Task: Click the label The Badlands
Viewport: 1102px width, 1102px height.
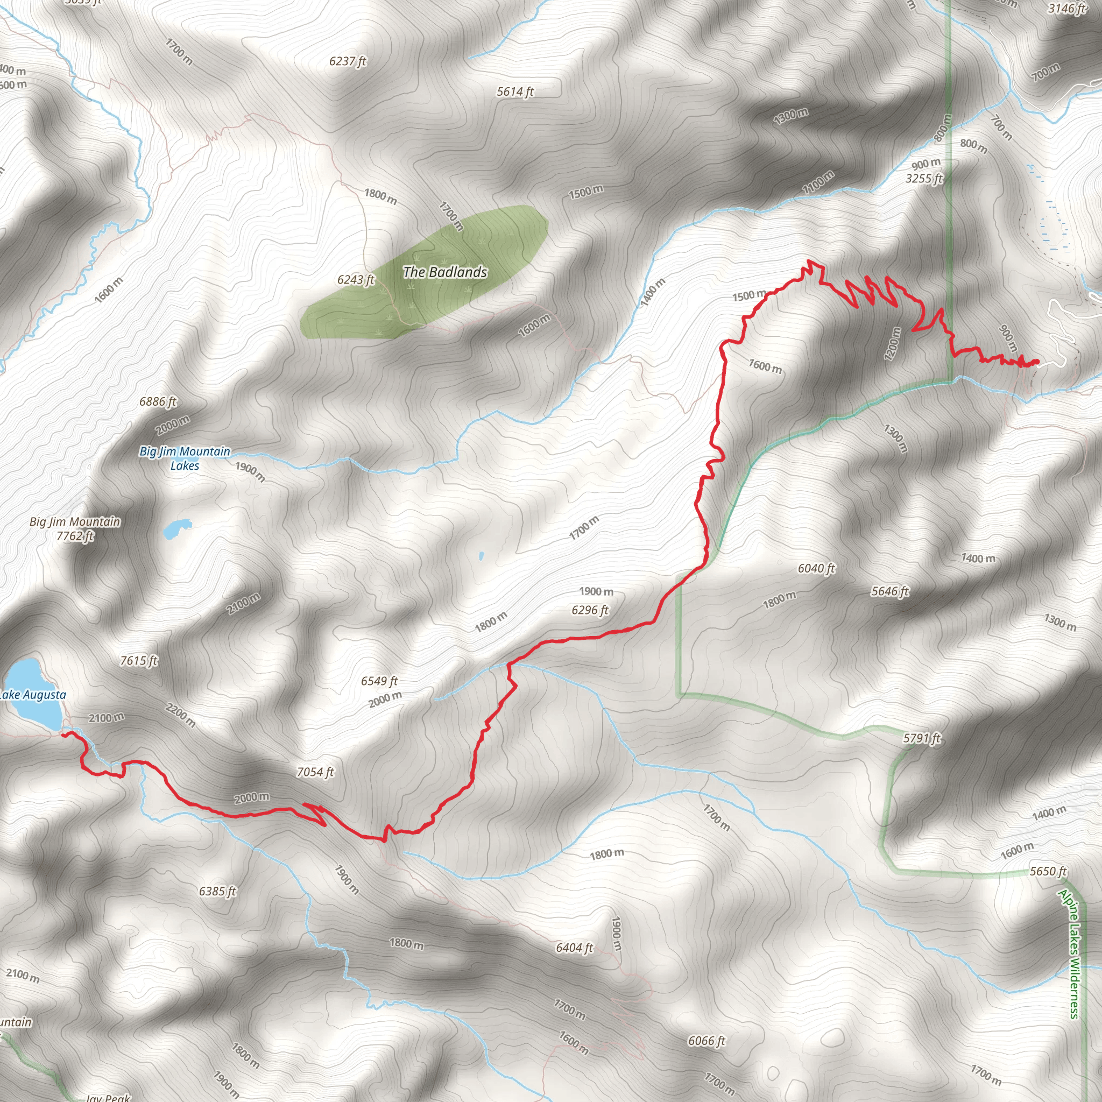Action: (445, 272)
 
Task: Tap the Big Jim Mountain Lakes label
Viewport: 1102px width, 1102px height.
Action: (185, 458)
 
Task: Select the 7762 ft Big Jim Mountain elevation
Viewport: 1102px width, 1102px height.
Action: (75, 535)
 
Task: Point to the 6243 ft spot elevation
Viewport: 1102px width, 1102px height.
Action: (355, 279)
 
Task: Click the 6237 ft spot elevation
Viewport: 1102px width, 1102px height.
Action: (348, 61)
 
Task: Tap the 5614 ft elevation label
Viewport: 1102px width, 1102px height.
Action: (515, 92)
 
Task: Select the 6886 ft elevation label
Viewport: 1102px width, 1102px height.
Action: (158, 401)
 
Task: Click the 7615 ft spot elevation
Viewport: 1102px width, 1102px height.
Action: (139, 661)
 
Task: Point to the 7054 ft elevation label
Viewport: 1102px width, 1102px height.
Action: (315, 772)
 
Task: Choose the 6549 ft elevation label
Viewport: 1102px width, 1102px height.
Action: (379, 681)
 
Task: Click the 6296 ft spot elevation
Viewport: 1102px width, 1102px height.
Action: (590, 610)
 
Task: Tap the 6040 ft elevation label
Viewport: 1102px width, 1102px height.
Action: (816, 568)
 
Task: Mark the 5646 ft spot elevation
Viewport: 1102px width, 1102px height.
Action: (890, 591)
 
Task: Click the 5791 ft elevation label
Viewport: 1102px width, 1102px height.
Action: (922, 739)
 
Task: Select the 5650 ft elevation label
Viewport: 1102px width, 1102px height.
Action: (1048, 871)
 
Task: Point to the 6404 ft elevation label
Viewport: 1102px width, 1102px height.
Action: (574, 948)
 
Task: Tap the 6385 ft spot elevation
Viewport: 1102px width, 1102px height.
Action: (217, 891)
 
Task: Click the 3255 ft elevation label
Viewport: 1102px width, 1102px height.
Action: (924, 179)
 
